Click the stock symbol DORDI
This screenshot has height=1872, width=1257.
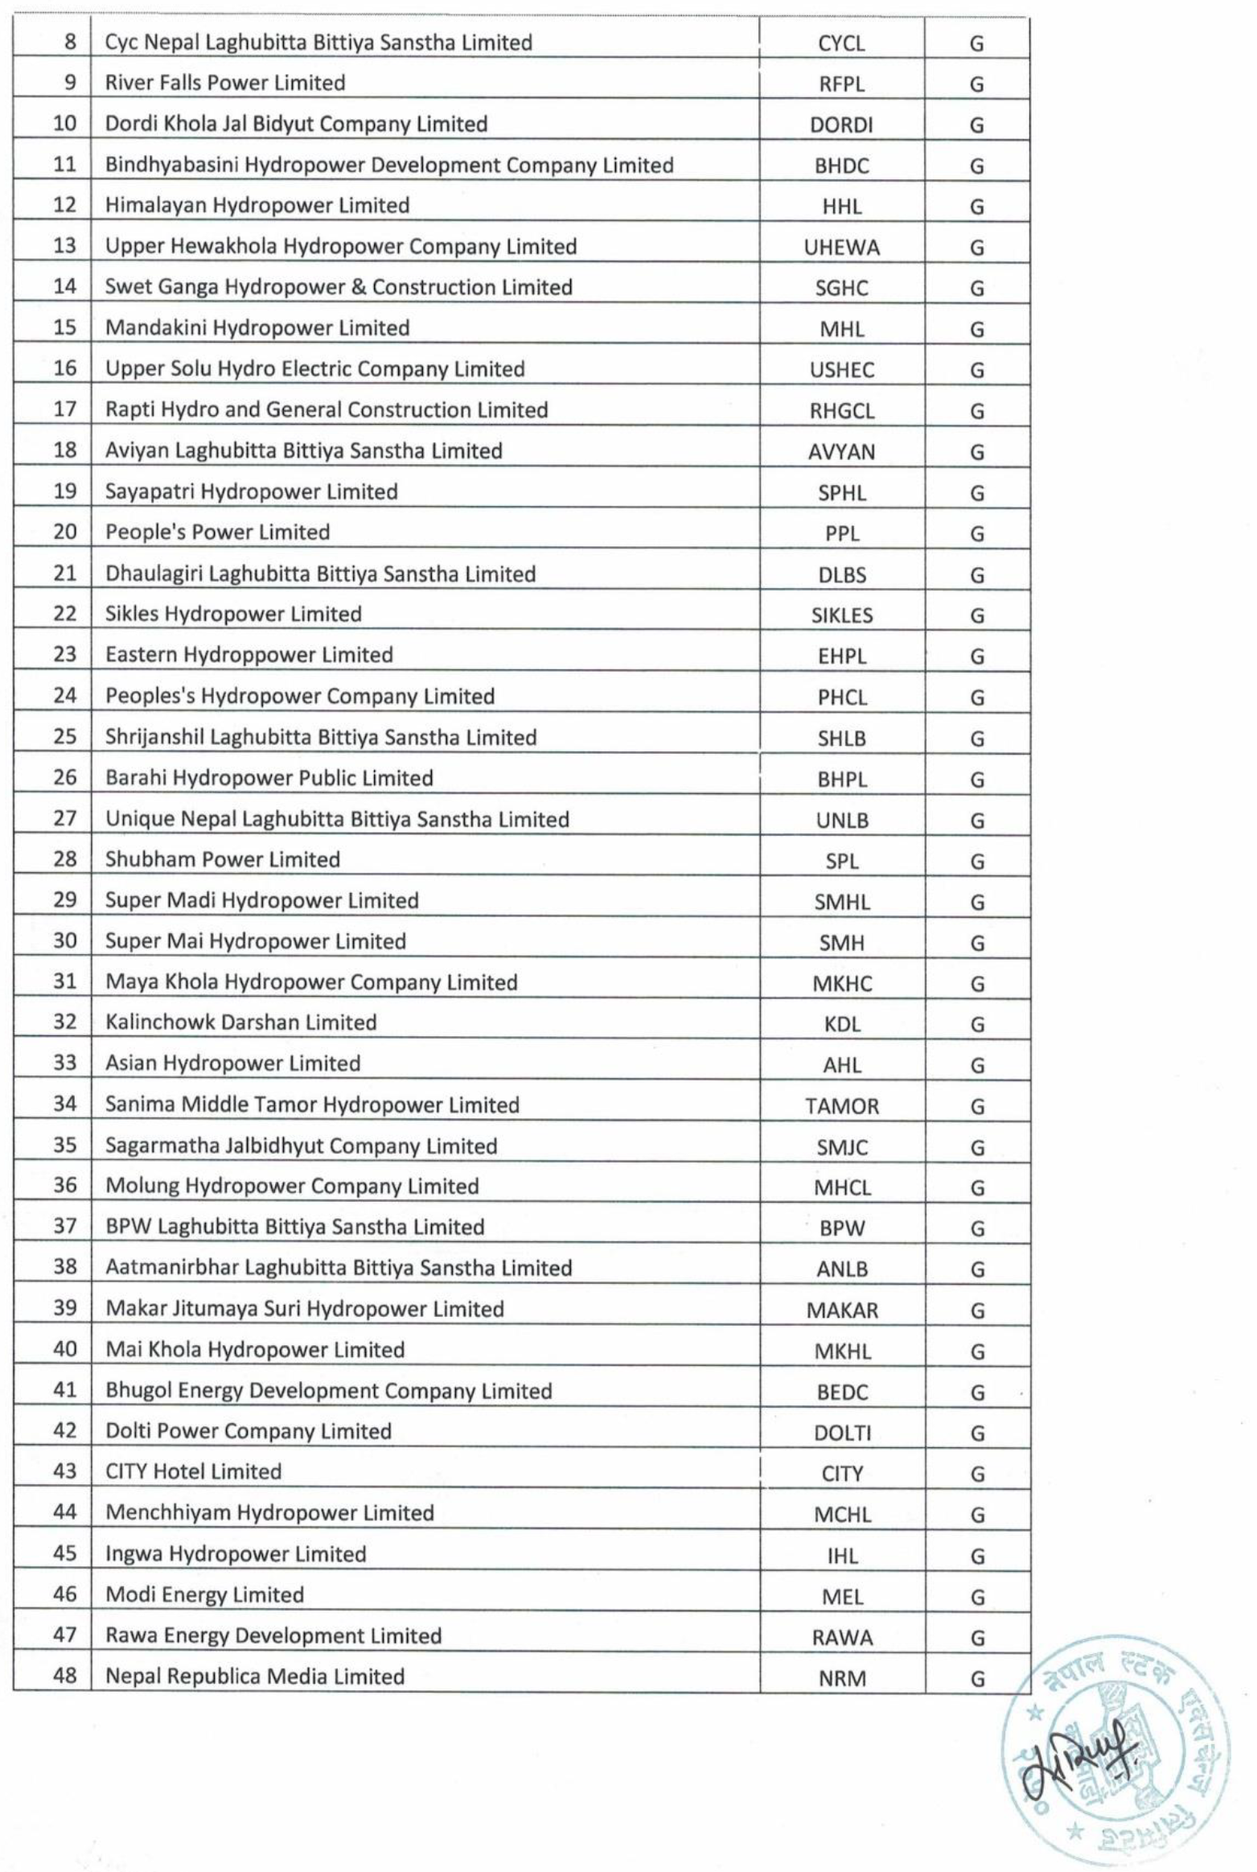(x=841, y=125)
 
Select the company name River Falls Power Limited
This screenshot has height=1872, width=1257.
(x=225, y=83)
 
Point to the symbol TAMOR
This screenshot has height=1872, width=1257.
(x=842, y=1106)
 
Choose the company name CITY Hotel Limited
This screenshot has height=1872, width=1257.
(x=193, y=1471)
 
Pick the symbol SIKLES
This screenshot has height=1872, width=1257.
(x=842, y=615)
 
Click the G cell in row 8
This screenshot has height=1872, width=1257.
(x=976, y=43)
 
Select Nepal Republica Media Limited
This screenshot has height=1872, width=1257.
(x=255, y=1676)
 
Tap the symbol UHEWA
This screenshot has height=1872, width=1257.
(x=842, y=248)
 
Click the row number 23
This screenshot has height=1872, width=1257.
(x=64, y=654)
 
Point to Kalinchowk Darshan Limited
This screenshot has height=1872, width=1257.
(x=240, y=1022)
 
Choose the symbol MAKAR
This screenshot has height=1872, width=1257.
(x=842, y=1310)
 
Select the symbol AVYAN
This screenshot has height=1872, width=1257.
(x=842, y=452)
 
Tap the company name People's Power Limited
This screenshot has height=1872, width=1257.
(x=217, y=533)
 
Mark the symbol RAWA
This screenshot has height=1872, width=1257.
(x=842, y=1638)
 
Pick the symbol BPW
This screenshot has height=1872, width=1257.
(x=842, y=1228)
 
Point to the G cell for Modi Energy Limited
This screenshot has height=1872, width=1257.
(x=976, y=1597)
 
